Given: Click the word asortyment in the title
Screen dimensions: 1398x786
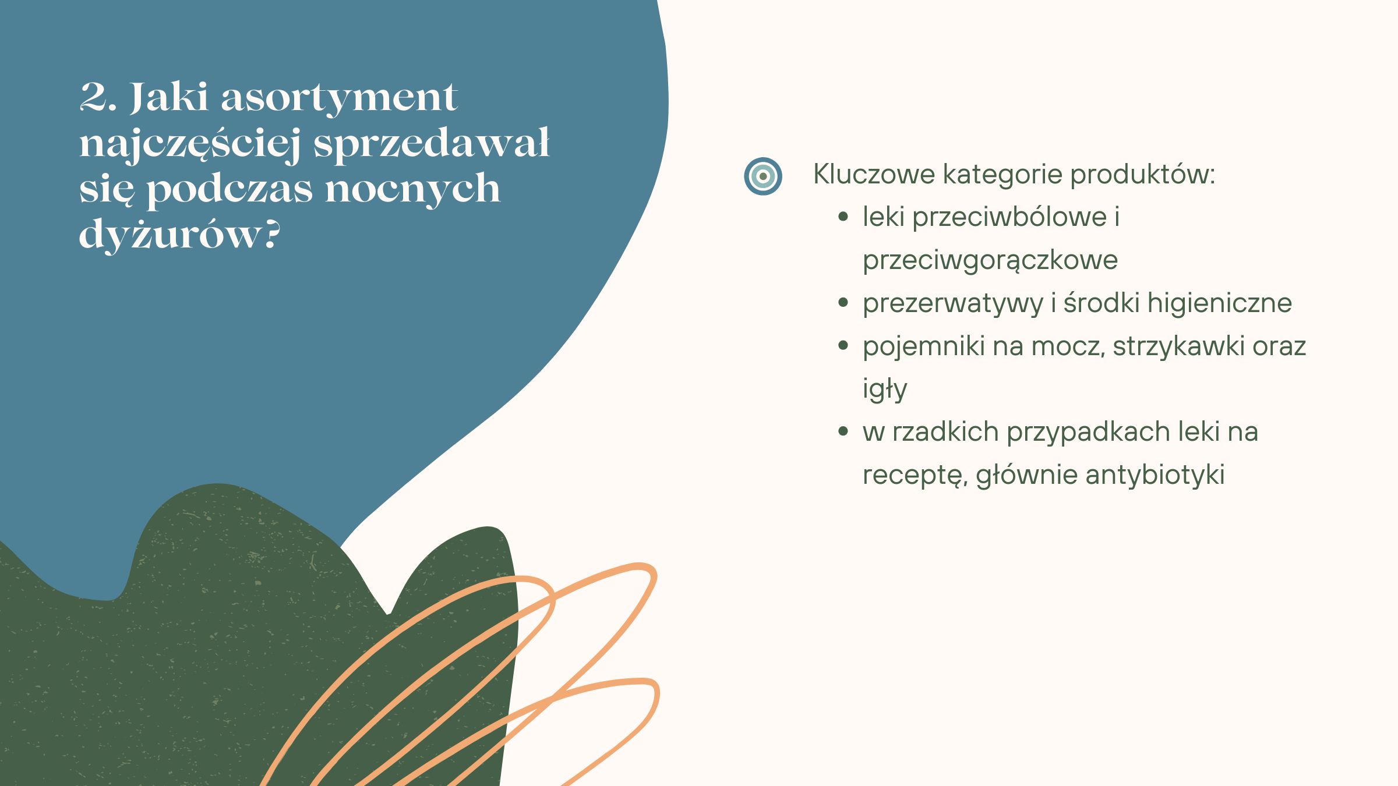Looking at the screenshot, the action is coord(339,98).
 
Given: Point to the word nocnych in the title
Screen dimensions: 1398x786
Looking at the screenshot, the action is coord(412,189).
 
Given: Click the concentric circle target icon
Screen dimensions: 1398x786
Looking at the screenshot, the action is coord(762,176).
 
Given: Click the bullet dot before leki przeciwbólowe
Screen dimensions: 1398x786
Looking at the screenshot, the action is coord(842,217).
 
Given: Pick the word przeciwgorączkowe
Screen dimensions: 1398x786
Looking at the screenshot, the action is coord(990,260).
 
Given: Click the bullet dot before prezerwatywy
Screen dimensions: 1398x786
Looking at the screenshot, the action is coord(842,303).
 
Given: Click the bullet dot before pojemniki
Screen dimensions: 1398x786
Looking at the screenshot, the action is coord(842,346).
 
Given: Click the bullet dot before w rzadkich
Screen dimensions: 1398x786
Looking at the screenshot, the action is coord(842,431).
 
